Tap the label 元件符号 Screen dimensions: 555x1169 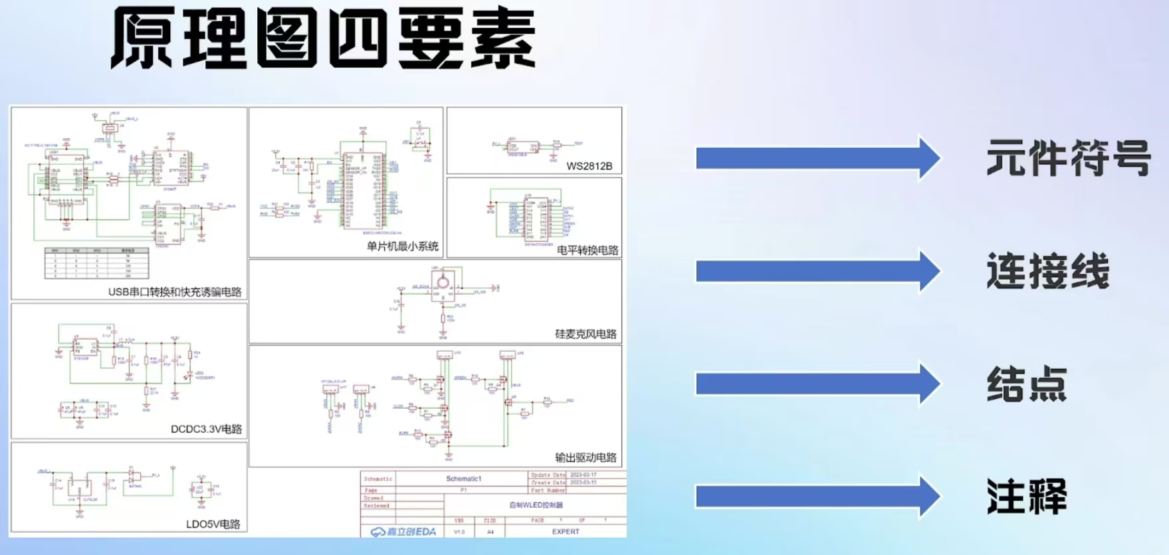[1068, 158]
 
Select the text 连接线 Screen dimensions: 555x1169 [1047, 271]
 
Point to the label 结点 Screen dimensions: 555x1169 [1026, 384]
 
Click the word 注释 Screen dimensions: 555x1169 [1026, 497]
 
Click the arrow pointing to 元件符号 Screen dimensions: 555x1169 [817, 158]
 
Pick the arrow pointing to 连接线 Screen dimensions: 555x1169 [817, 271]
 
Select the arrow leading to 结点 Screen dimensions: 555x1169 [817, 384]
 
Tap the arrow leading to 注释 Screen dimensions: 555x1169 [817, 497]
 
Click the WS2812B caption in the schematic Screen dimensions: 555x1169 [589, 166]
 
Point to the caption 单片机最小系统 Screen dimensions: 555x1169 [402, 247]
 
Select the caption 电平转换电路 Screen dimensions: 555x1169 [587, 251]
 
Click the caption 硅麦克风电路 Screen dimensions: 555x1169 [585, 334]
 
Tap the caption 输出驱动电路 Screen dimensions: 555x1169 [585, 458]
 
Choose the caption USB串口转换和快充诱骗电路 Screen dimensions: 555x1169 [175, 292]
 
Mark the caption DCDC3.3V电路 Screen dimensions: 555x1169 [206, 429]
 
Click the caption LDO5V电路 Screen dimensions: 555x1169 [213, 524]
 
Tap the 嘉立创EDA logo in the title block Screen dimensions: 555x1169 [403, 532]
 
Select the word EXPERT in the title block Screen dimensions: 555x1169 [566, 532]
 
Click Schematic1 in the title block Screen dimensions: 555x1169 [463, 479]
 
